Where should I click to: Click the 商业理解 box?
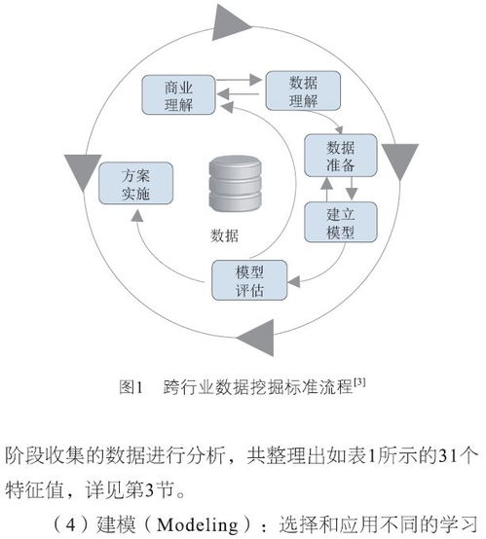(178, 95)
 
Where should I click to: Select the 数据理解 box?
(303, 90)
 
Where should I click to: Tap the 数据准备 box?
(341, 156)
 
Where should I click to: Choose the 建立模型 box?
(341, 222)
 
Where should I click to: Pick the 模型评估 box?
(249, 280)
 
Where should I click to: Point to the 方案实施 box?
(136, 183)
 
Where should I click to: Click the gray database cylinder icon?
(236, 184)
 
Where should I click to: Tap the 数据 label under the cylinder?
(224, 235)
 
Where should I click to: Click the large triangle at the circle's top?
(229, 23)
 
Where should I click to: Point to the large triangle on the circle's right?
(400, 160)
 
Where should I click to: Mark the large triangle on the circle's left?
(83, 170)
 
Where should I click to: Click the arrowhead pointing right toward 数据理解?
(255, 80)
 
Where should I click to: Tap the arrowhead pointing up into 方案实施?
(137, 216)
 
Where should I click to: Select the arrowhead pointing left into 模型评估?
(294, 282)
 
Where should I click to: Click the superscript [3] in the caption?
(359, 382)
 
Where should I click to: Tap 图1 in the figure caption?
(131, 387)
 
